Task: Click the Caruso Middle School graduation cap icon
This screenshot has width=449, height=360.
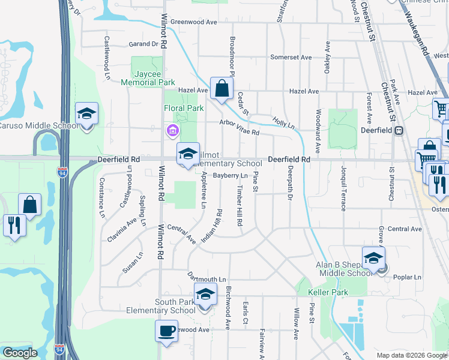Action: tap(86, 113)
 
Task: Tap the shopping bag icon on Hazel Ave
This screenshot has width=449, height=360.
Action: tap(221, 88)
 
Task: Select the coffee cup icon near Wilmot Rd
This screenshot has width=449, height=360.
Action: tap(166, 331)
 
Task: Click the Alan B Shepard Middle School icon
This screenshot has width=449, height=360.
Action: tap(373, 258)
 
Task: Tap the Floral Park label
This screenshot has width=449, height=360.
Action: tap(184, 108)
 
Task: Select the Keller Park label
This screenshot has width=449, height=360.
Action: tap(328, 292)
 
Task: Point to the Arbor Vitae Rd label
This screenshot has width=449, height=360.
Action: tap(239, 127)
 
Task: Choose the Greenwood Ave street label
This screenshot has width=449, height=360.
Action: tap(193, 22)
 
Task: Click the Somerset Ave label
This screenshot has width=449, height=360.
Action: tap(291, 57)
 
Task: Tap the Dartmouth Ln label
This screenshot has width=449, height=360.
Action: tap(206, 280)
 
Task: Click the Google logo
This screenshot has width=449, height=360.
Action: tap(20, 353)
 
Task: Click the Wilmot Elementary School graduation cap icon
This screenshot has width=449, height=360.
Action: tap(188, 154)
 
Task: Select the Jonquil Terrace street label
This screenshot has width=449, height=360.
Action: tap(343, 188)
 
